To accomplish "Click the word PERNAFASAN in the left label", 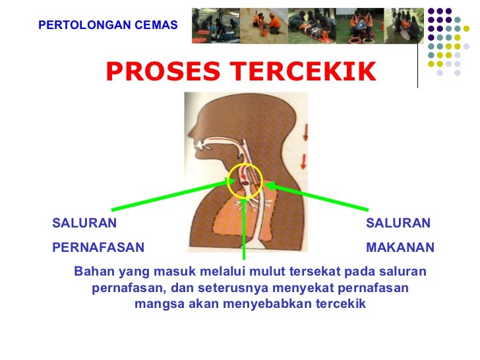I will pos(98,248).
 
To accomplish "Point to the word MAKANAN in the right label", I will pos(400,248).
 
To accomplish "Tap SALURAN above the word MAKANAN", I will pos(398,224).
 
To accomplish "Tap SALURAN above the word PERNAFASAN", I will pos(84,224).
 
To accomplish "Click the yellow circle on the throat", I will pos(245,179).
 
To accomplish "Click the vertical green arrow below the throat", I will pos(244,231).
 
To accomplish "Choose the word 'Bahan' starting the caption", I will pos(93,272).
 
